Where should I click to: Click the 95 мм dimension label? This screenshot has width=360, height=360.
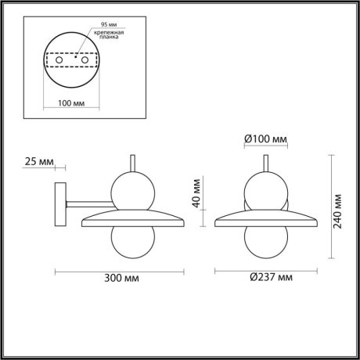coord(98,23)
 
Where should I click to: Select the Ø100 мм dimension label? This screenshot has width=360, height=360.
coord(265,139)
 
